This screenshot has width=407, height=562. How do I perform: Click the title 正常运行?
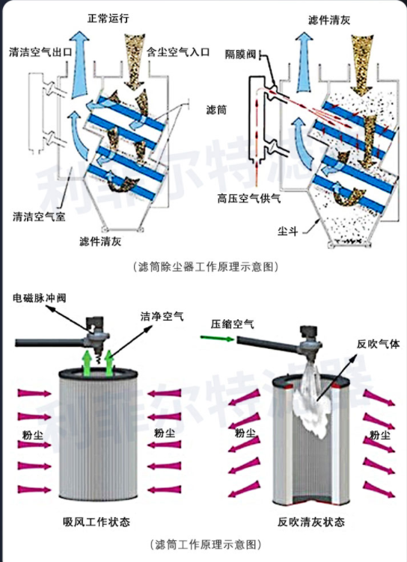108,18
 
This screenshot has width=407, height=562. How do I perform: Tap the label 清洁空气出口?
40,52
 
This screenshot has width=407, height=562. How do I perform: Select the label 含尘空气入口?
178,52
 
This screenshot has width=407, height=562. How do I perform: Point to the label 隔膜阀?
240,55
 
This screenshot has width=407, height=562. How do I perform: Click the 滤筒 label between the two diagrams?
216,110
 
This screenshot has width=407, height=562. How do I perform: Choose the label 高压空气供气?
248,198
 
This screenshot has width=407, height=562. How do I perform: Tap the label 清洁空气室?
39,217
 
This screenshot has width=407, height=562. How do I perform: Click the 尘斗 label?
287,231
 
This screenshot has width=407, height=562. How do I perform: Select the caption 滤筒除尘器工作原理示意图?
205,267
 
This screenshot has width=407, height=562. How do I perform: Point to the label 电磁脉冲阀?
40,298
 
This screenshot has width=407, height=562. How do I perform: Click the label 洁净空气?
162,316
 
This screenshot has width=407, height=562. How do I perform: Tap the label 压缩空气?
232,324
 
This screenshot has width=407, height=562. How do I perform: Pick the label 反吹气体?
379,344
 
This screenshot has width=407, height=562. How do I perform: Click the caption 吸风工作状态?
97,522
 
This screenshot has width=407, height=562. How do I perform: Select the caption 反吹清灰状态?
311,522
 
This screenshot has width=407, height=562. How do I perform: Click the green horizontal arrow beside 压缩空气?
217,338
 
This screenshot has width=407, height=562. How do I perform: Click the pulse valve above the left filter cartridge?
96,332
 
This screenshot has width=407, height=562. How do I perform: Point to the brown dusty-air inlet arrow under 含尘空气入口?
135,61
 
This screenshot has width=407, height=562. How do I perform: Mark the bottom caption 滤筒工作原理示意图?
205,545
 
